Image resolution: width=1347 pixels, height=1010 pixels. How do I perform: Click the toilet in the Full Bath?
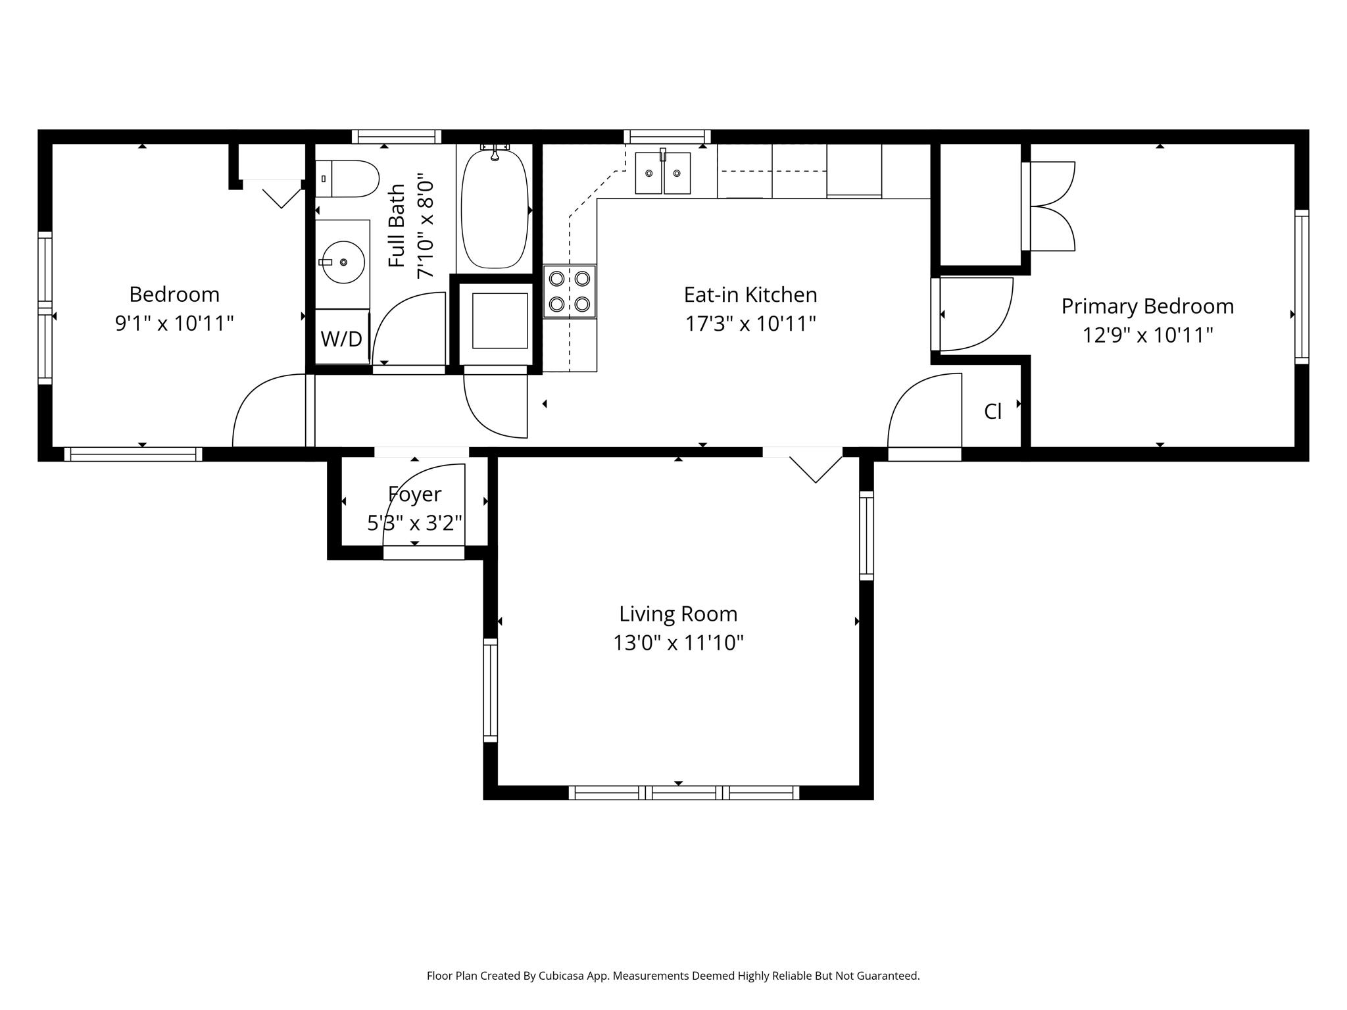pyautogui.click(x=347, y=178)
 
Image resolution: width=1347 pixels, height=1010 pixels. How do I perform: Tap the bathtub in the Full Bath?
pyautogui.click(x=495, y=207)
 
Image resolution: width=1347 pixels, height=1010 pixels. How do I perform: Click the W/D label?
pyautogui.click(x=341, y=339)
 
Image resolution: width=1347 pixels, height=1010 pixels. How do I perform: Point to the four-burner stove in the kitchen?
pyautogui.click(x=570, y=291)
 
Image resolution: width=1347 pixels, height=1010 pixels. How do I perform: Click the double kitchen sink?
pyautogui.click(x=663, y=172)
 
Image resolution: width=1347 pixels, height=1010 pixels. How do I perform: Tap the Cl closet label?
pyautogui.click(x=992, y=412)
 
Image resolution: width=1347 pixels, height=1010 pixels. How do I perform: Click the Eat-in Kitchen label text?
pyautogui.click(x=750, y=295)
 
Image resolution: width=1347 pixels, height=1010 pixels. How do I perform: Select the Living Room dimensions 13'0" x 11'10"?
pyautogui.click(x=678, y=642)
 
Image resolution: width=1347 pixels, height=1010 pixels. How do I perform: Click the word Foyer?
pyautogui.click(x=414, y=494)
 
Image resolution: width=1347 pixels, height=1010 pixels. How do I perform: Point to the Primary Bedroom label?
pyautogui.click(x=1148, y=306)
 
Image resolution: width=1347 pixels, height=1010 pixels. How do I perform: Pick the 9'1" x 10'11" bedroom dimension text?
pyautogui.click(x=174, y=324)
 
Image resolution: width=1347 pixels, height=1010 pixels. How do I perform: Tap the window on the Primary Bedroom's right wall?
pyautogui.click(x=1302, y=287)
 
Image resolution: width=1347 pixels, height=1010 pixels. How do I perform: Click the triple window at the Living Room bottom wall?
pyautogui.click(x=684, y=792)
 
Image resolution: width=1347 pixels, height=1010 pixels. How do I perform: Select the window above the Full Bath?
pyautogui.click(x=397, y=137)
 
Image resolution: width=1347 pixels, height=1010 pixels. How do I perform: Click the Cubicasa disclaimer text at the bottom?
pyautogui.click(x=673, y=976)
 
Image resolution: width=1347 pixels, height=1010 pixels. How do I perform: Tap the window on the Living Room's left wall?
pyautogui.click(x=491, y=690)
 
